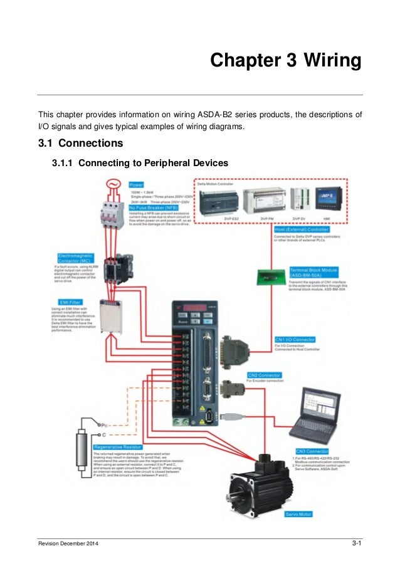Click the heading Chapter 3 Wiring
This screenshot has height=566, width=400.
[285, 61]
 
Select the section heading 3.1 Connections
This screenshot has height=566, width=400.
[81, 144]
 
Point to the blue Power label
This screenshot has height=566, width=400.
[136, 185]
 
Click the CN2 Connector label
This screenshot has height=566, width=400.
[264, 375]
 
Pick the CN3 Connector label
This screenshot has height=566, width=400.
[312, 451]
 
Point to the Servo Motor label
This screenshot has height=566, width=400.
[298, 514]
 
